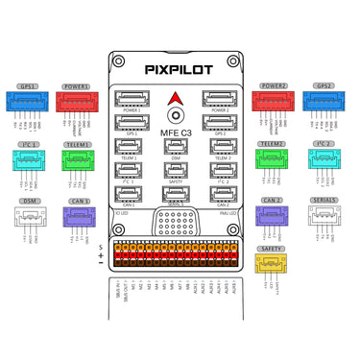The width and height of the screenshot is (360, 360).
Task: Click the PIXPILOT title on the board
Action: coord(180,69)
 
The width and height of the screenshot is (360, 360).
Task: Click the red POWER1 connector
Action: coord(78,103)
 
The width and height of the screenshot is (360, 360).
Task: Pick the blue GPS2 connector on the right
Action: coord(323,103)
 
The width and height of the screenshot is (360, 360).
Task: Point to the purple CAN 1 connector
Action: coord(78,217)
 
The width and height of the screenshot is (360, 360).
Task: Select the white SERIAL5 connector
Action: coord(323,216)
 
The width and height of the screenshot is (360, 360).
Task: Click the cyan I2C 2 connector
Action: coord(323,159)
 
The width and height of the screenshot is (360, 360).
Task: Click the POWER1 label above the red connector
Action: coord(78,86)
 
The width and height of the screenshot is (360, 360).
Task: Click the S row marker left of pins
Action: coord(100,248)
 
